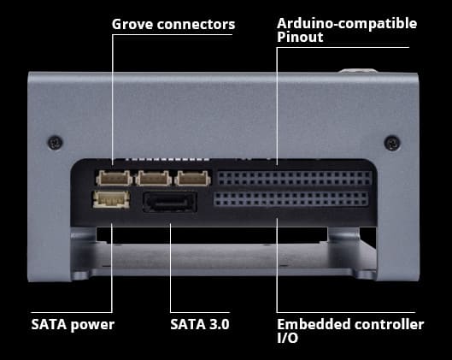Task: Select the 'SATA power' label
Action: point(73,324)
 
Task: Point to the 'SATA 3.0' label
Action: point(200,324)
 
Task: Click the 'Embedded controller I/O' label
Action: point(349,331)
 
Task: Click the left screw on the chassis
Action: point(55,141)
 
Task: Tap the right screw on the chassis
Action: point(391,141)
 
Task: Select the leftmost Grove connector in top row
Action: point(114,179)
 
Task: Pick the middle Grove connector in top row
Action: point(153,179)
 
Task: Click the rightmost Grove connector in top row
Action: point(191,179)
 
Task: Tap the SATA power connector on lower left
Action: point(110,201)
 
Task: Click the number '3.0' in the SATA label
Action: point(217,324)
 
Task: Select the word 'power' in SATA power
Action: point(92,325)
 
